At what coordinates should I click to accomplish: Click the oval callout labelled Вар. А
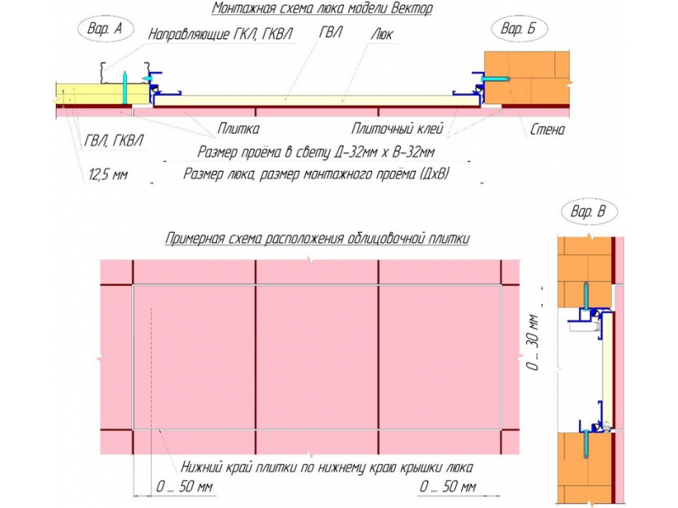[104, 29]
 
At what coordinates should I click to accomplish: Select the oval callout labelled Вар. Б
[520, 29]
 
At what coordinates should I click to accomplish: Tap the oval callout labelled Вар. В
[589, 212]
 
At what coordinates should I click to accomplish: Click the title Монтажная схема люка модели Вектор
[322, 8]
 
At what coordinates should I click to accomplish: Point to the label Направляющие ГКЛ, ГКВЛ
[220, 34]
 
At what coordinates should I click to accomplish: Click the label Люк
[381, 34]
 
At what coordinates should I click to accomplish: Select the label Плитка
[238, 129]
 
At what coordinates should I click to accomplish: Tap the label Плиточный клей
[397, 129]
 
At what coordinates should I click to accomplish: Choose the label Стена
[547, 130]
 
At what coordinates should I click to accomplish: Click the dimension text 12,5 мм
[108, 174]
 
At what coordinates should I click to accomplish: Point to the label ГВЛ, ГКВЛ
[114, 141]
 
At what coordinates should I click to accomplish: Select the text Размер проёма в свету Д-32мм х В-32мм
[316, 152]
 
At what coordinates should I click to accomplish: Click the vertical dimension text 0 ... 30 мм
[534, 342]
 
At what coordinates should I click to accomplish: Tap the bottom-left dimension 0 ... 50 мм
[184, 487]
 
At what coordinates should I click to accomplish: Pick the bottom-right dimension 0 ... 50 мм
[448, 487]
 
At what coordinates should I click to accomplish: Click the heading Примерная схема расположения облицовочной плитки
[317, 239]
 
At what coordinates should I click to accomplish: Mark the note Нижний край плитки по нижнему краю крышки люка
[327, 467]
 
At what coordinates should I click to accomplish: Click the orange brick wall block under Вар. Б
[526, 77]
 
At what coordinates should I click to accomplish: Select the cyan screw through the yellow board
[125, 88]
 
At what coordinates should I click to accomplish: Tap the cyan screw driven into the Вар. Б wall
[497, 80]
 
